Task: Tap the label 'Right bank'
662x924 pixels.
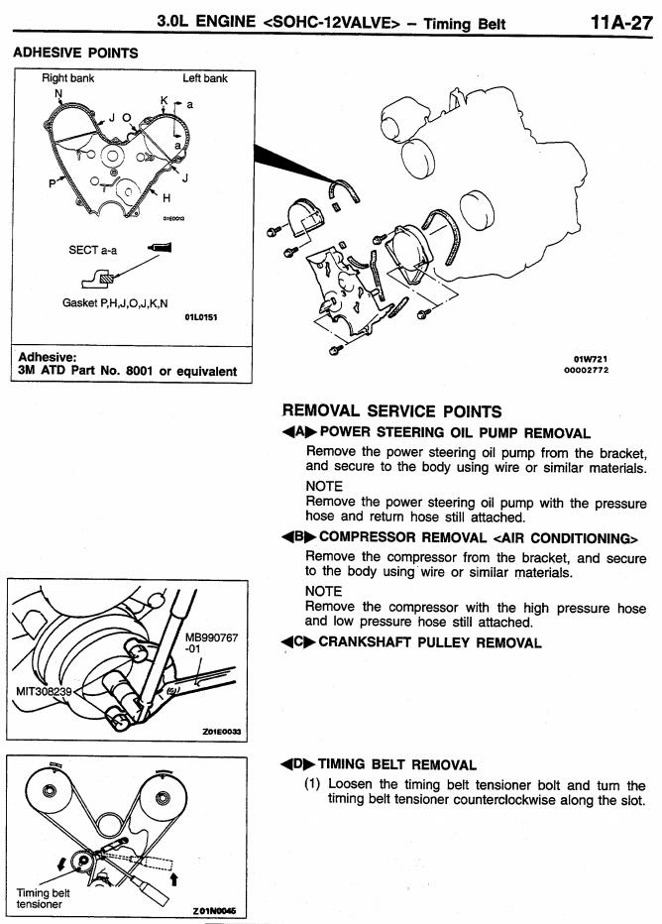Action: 68,78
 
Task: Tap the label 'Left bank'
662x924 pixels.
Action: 205,78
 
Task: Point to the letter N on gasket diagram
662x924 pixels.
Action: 58,94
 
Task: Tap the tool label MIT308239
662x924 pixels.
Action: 40,689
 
